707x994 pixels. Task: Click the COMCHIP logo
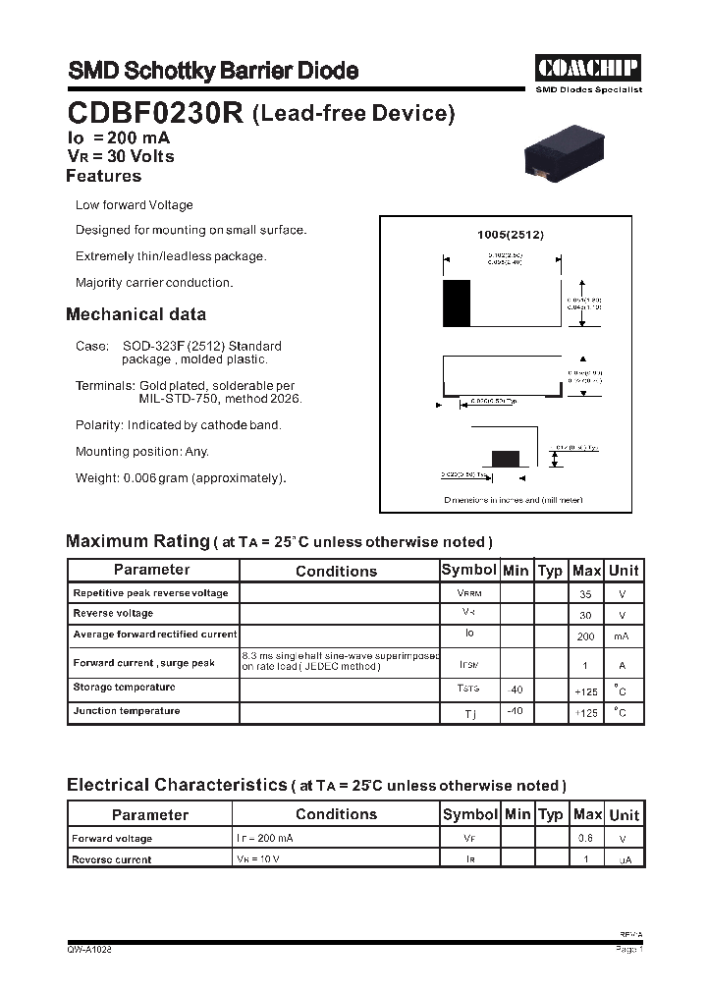[x=588, y=68]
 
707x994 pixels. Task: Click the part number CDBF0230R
[x=155, y=113]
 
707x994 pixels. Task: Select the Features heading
[x=103, y=177]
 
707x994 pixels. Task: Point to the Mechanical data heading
[x=136, y=315]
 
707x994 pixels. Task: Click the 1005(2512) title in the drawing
[x=510, y=236]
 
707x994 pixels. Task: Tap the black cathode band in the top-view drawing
[x=457, y=304]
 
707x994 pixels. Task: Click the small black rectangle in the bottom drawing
[x=505, y=459]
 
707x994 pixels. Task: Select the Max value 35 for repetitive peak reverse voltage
[x=586, y=594]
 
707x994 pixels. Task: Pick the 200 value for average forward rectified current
[x=586, y=636]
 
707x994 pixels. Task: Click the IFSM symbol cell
[x=469, y=665]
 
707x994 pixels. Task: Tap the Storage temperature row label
[x=124, y=688]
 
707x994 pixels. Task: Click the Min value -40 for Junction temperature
[x=515, y=711]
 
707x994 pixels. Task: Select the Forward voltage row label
[x=112, y=839]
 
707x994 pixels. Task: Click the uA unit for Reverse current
[x=624, y=860]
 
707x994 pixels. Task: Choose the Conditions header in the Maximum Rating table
[x=336, y=571]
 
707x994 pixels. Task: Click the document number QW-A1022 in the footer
[x=89, y=950]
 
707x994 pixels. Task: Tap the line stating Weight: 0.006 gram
[x=181, y=478]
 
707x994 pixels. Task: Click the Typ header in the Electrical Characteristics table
[x=551, y=814]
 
